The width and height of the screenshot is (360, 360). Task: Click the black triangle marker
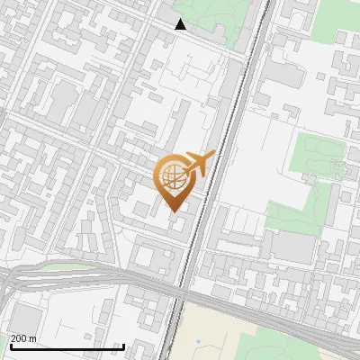[181, 25]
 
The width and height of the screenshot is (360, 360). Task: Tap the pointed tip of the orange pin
[172, 211]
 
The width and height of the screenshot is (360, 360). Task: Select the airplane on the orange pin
[199, 164]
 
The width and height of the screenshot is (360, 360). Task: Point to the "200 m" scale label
[23, 338]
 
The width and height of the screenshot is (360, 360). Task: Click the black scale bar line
[67, 347]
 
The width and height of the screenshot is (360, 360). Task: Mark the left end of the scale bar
[11, 347]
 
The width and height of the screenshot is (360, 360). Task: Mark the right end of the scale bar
[123, 347]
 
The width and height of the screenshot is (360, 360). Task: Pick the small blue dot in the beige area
[198, 341]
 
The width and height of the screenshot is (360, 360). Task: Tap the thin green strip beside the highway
[63, 266]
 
